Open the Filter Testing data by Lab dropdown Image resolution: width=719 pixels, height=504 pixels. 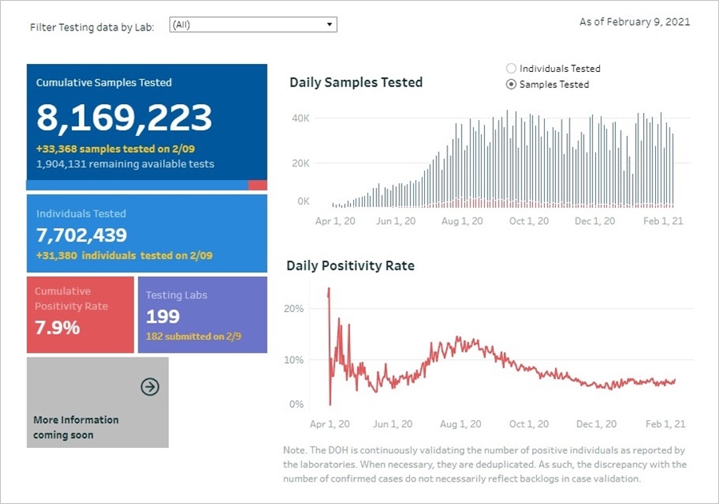(x=253, y=25)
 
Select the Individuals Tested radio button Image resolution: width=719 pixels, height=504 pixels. (x=511, y=69)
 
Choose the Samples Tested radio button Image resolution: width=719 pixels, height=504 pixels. (x=511, y=84)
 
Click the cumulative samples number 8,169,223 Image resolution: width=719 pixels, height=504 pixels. (x=124, y=118)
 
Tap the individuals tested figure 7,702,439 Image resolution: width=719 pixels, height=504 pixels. (x=81, y=234)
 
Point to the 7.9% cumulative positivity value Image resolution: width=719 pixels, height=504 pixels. (x=57, y=327)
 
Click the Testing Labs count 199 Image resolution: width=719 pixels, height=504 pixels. (x=162, y=317)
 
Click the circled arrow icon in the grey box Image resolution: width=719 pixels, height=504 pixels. (x=149, y=387)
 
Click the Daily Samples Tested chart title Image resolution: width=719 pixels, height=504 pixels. (x=356, y=82)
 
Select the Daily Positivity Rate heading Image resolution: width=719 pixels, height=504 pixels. (x=350, y=266)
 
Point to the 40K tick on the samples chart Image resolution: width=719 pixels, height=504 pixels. (x=300, y=118)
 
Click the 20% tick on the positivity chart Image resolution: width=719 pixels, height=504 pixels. (x=294, y=309)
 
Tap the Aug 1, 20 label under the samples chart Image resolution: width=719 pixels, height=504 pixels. (x=462, y=221)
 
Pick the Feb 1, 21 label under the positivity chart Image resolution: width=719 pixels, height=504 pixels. (x=665, y=424)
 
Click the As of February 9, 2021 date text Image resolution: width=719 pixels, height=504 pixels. (x=634, y=22)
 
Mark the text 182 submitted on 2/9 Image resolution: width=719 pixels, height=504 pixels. (x=185, y=336)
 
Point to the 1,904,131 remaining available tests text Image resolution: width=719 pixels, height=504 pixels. (x=125, y=163)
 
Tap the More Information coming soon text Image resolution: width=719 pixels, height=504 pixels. (x=76, y=427)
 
